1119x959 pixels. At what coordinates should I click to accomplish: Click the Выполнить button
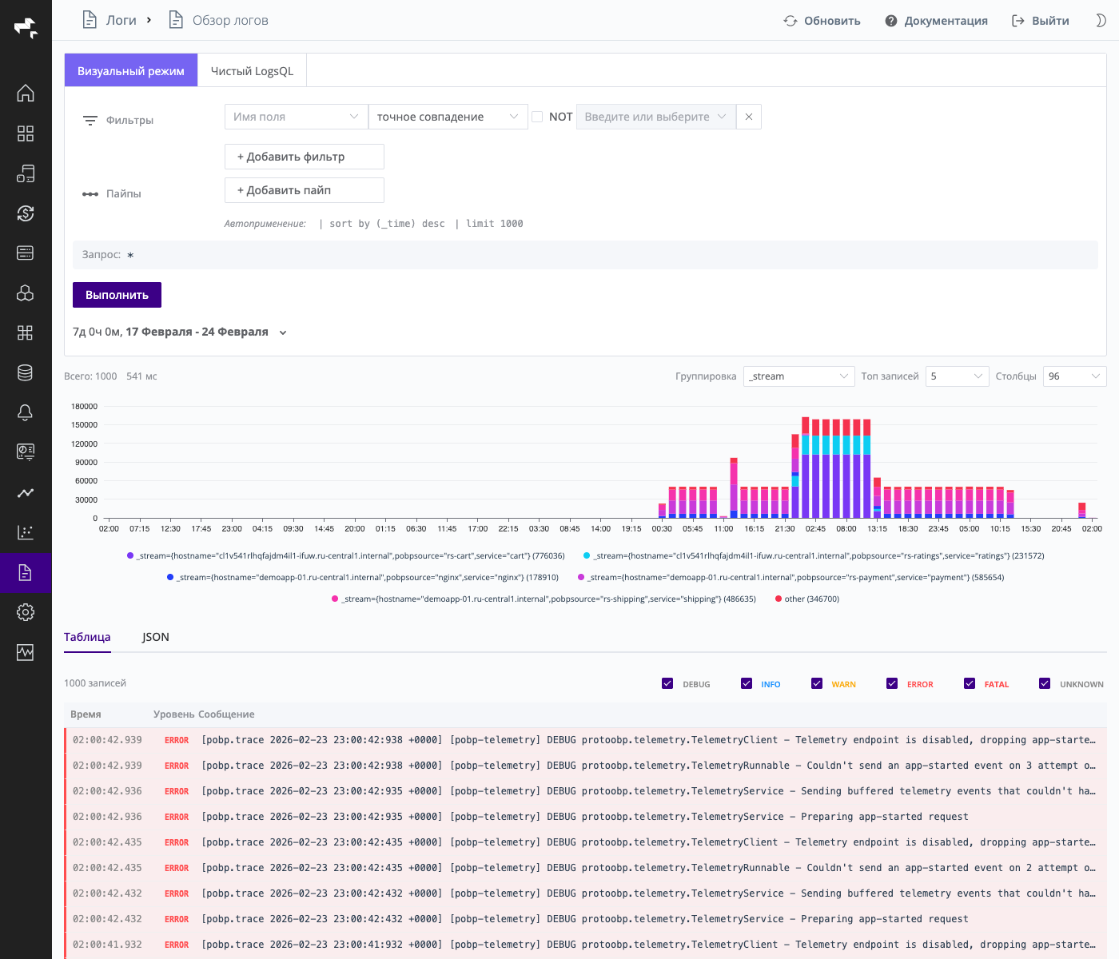click(117, 295)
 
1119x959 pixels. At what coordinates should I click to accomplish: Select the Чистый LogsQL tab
click(252, 71)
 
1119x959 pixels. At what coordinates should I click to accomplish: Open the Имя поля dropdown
click(296, 117)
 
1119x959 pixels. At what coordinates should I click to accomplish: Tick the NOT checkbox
click(537, 117)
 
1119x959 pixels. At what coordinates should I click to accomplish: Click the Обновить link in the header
click(822, 21)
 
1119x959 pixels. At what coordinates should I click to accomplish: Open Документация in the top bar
click(936, 21)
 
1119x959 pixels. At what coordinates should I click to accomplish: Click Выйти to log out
click(1040, 21)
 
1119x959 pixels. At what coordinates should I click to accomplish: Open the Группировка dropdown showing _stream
click(798, 376)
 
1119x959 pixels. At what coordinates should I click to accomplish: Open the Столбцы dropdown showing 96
click(1074, 376)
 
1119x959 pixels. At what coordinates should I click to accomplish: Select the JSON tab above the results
click(156, 637)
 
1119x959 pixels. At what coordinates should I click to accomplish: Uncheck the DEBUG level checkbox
click(667, 683)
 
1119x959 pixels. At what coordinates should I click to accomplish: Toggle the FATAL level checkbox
click(970, 683)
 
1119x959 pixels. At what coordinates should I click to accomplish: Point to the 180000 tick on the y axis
click(85, 407)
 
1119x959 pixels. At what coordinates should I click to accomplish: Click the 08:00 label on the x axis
click(846, 528)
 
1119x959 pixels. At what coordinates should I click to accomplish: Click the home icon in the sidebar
click(26, 93)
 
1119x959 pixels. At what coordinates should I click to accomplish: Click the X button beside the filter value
click(748, 117)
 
